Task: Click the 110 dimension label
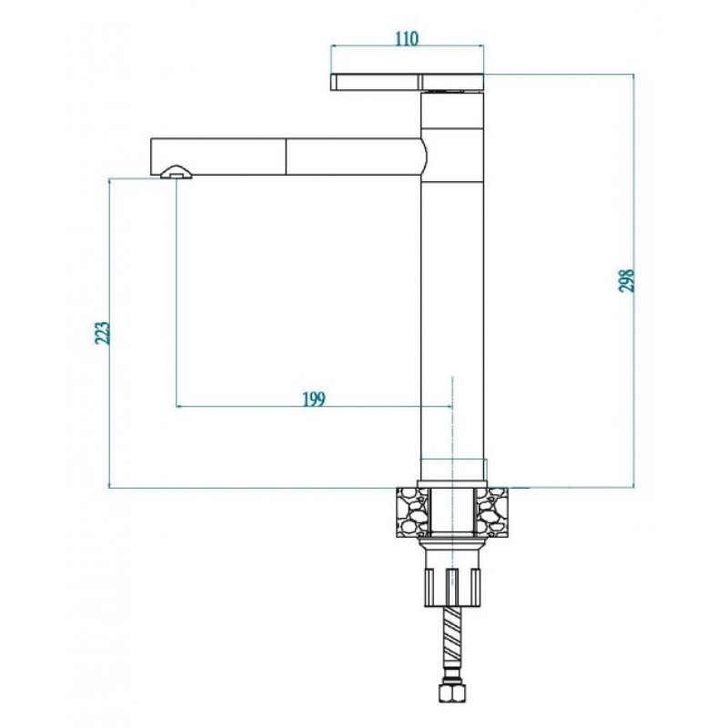click(x=407, y=38)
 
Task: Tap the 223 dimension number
click(x=103, y=332)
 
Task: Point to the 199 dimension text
click(x=314, y=399)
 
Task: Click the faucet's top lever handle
click(x=407, y=82)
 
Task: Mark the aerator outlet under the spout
click(x=176, y=173)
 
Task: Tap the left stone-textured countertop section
click(x=412, y=512)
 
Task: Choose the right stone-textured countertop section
click(x=491, y=512)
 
